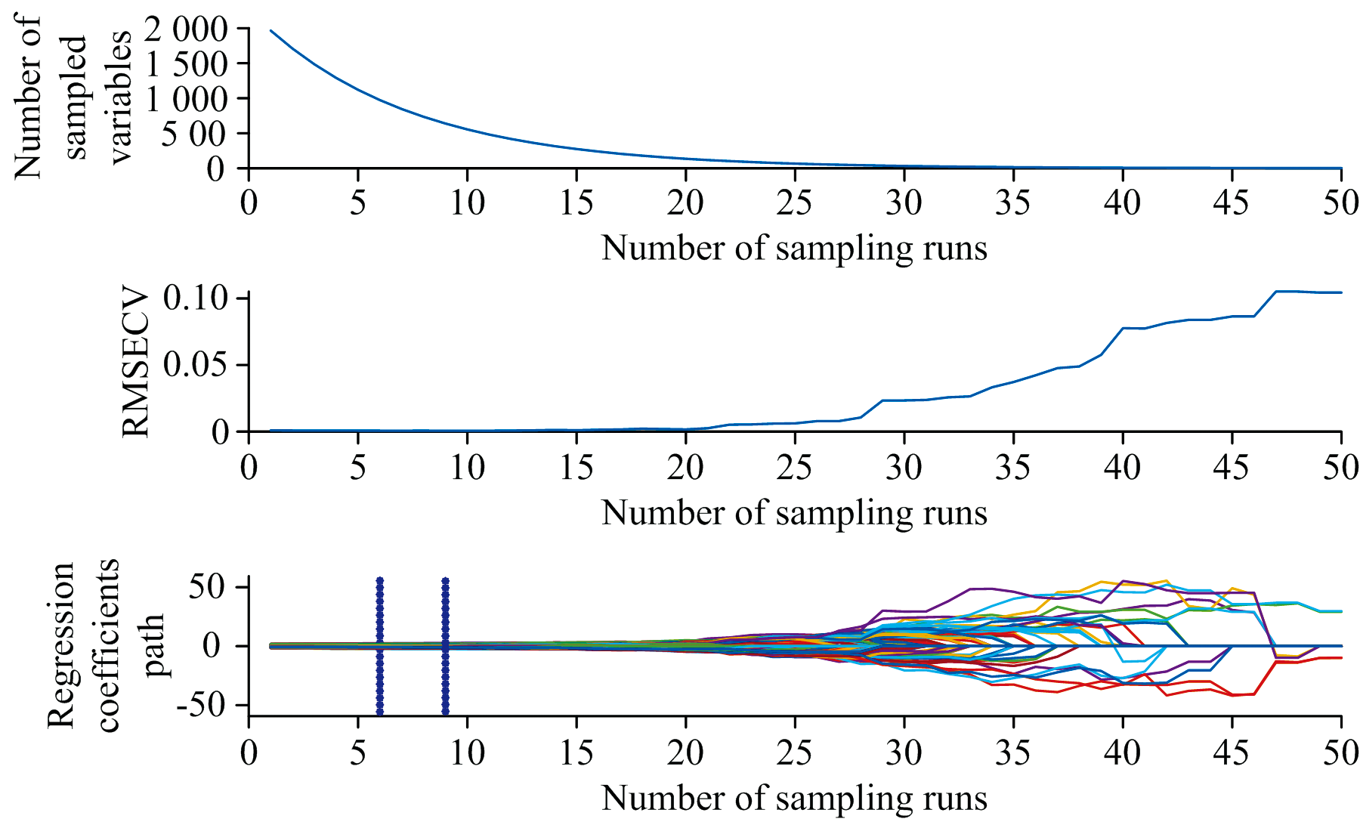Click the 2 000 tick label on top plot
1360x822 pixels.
[x=186, y=29]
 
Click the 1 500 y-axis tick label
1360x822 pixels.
[x=186, y=64]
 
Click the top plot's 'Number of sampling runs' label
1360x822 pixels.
[x=794, y=248]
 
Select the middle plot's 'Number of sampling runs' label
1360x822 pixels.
[x=794, y=513]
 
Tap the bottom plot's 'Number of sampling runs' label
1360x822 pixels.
[x=794, y=798]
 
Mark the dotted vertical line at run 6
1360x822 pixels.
[x=380, y=646]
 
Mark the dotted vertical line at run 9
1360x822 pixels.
[x=445, y=646]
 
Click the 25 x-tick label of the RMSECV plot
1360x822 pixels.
[x=794, y=468]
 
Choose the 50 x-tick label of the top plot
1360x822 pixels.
[x=1340, y=202]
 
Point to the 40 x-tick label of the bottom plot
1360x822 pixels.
[x=1122, y=752]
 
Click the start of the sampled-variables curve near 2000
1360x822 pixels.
[x=271, y=31]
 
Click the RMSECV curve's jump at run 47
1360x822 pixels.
[x=1276, y=292]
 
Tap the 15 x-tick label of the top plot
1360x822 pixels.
[x=576, y=202]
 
